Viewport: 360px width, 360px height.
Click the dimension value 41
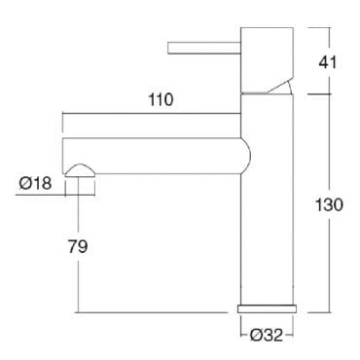(x=328, y=62)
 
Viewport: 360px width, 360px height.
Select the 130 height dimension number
(x=329, y=205)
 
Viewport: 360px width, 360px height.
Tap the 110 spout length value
(x=161, y=99)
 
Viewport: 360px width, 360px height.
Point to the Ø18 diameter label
(x=35, y=183)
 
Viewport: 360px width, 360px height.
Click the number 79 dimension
(x=78, y=246)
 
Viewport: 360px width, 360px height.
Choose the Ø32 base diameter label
(x=267, y=335)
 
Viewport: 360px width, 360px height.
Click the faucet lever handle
(x=204, y=48)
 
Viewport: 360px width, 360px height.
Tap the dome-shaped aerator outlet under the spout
(x=80, y=170)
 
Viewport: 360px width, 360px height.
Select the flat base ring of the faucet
(x=267, y=308)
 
